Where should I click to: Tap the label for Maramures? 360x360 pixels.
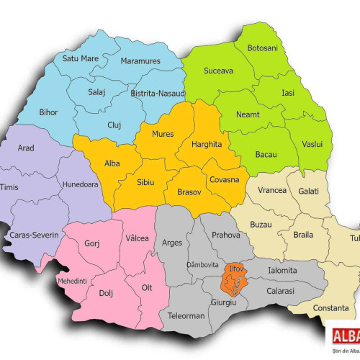point(140,61)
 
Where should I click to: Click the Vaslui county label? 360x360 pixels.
point(312,144)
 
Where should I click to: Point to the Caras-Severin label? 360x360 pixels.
point(33,235)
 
